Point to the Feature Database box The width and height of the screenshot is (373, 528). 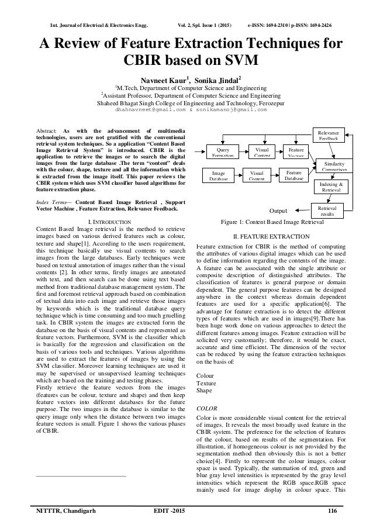pos(293,174)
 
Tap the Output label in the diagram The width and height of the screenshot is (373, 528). pos(279,210)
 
